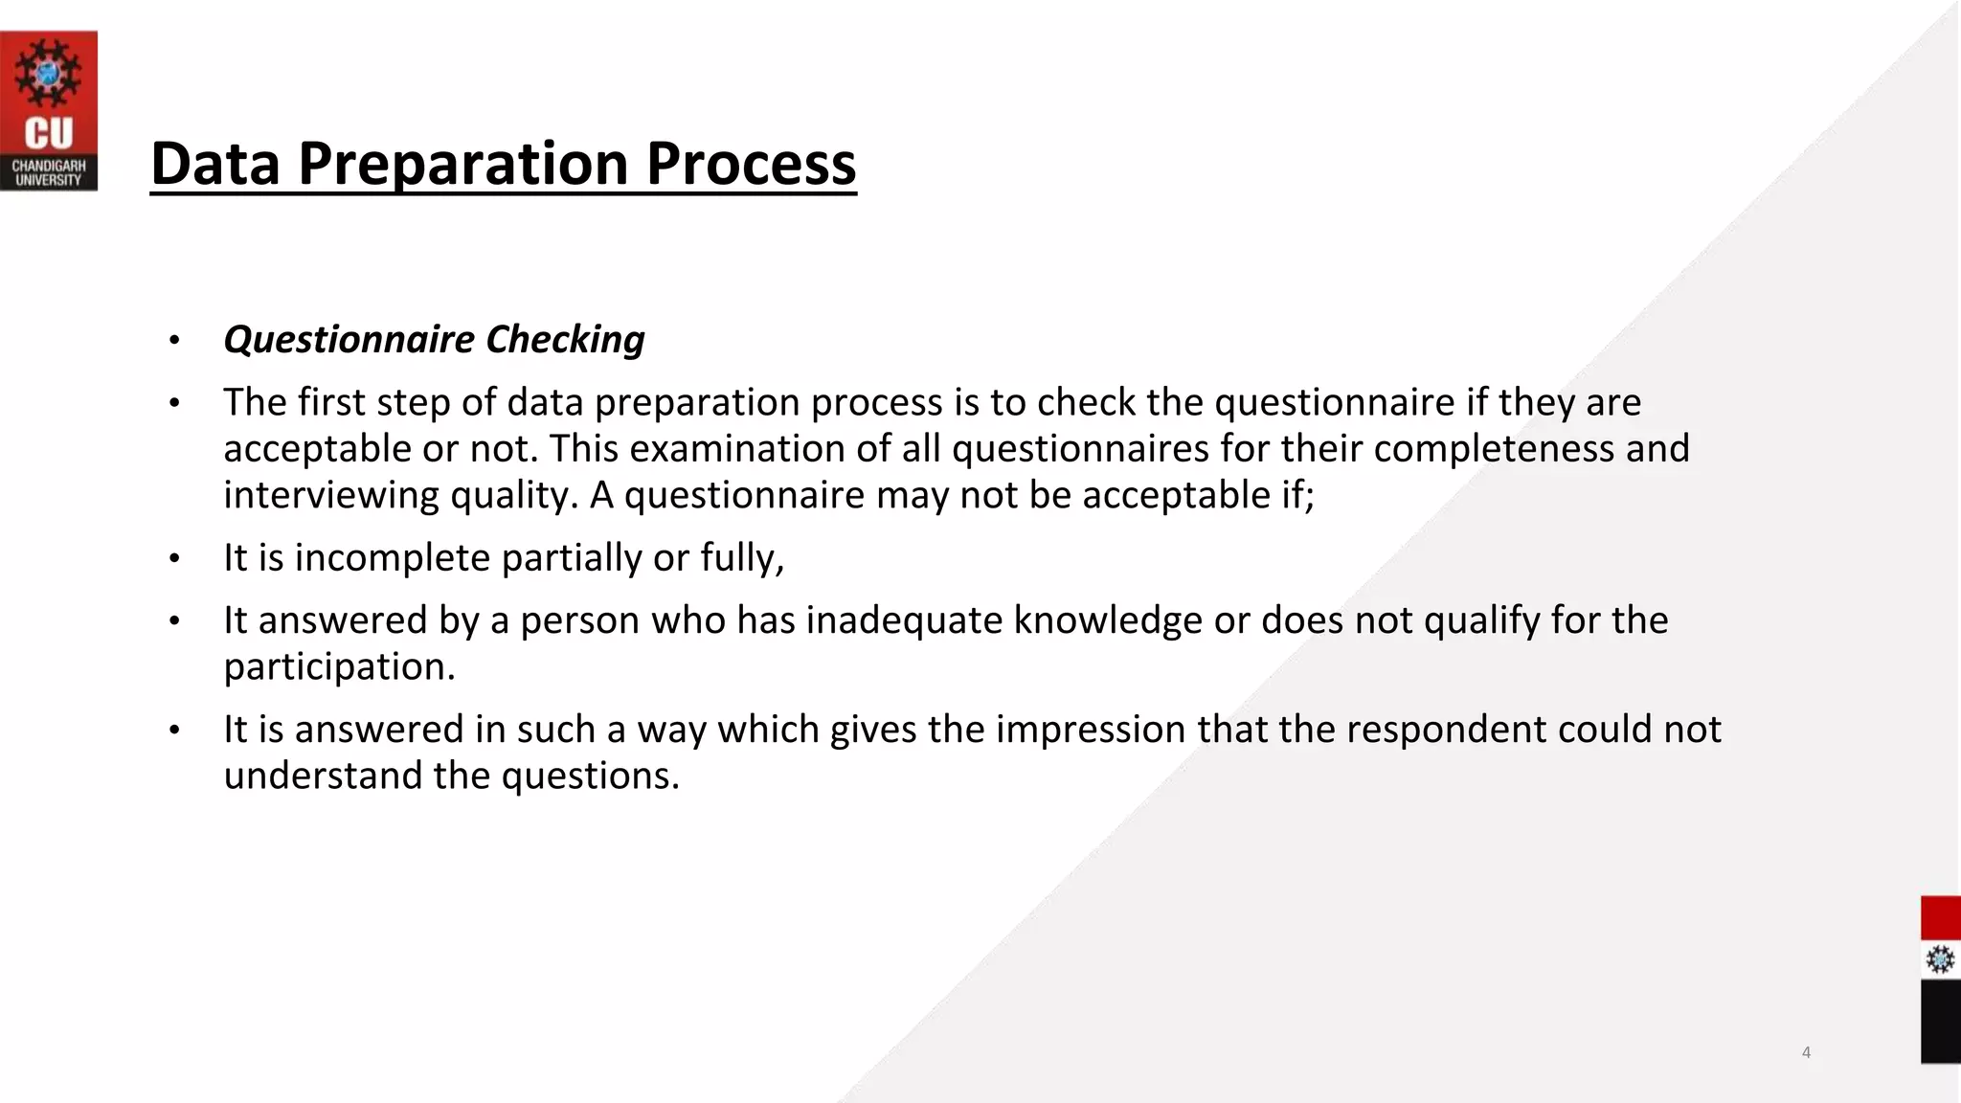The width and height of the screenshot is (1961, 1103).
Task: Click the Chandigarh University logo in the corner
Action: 48,110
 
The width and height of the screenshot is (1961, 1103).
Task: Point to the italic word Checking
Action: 565,340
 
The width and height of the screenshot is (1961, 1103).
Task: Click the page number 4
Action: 1806,1052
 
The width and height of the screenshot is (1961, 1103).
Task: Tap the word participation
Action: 339,667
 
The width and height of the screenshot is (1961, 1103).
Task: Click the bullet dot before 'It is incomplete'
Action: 174,558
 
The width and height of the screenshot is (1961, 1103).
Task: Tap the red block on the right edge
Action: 1940,917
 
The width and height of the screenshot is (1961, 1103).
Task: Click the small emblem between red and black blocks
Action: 1940,959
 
